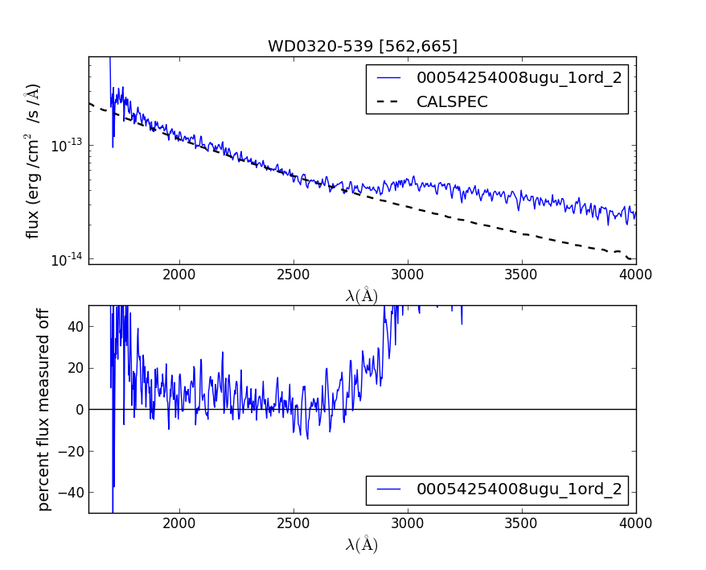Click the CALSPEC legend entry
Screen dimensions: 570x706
pos(452,101)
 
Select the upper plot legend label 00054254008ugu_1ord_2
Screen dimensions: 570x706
pos(519,78)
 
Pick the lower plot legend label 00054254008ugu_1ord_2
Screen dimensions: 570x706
pos(519,489)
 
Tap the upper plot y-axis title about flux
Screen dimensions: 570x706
pos(33,161)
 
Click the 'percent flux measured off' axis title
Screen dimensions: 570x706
pos(44,409)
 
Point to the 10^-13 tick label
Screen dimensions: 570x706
pos(68,146)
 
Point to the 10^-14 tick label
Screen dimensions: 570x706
pos(68,260)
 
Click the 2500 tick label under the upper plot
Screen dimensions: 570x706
pos(293,274)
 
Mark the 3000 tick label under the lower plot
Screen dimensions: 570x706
pos(408,522)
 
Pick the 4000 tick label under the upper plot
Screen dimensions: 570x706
pos(636,274)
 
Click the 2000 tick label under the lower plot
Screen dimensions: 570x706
pos(179,522)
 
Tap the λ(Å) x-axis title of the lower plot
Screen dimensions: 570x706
pos(362,544)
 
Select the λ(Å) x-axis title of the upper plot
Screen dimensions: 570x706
pos(362,295)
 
